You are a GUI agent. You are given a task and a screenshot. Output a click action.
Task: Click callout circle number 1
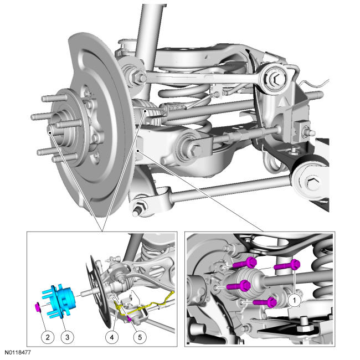click(x=294, y=300)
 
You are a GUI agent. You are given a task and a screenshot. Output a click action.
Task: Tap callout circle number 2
click(x=48, y=337)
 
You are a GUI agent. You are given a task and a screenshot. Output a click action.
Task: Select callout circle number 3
click(x=67, y=337)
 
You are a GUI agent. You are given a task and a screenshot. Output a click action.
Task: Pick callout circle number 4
click(x=112, y=337)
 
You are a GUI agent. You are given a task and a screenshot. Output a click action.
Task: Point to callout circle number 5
click(x=140, y=337)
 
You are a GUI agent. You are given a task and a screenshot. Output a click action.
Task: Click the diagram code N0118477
click(x=18, y=352)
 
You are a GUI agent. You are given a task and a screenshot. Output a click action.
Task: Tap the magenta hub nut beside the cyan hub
click(x=38, y=307)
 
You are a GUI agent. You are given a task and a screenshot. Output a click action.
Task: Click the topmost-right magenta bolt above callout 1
click(x=287, y=265)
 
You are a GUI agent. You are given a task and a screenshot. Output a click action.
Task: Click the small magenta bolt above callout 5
click(x=130, y=319)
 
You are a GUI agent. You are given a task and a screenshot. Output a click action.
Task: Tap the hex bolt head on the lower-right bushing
click(x=312, y=183)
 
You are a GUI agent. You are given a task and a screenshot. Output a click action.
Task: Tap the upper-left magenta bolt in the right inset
click(x=245, y=263)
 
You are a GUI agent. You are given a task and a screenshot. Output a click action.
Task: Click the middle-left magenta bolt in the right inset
click(x=239, y=286)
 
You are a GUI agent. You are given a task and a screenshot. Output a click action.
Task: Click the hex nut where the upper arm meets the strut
click(x=136, y=77)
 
